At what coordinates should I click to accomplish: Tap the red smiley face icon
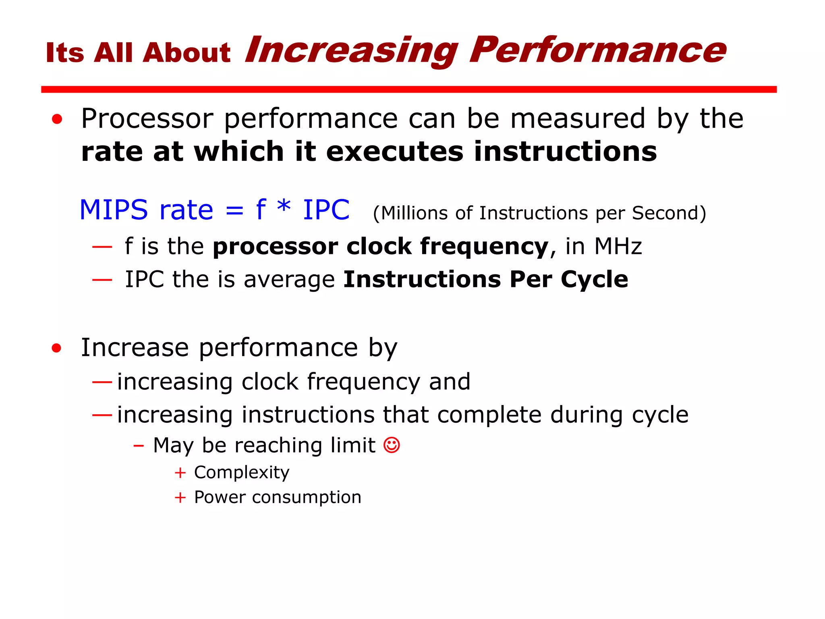(392, 445)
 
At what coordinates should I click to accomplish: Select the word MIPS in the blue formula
(114, 210)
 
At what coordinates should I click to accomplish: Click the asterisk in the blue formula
(284, 207)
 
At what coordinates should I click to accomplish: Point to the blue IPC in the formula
(326, 210)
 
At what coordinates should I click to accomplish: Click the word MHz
(618, 246)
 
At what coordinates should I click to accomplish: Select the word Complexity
(242, 472)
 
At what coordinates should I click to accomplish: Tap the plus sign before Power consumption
(180, 497)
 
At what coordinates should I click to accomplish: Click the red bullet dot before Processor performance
(57, 119)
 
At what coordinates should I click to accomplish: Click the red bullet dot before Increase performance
(57, 348)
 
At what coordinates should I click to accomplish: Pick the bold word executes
(395, 152)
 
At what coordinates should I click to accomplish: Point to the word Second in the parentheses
(664, 213)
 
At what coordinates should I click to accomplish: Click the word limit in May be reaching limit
(353, 445)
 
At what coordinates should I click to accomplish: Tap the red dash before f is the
(102, 246)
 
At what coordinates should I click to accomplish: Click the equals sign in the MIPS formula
(234, 211)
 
